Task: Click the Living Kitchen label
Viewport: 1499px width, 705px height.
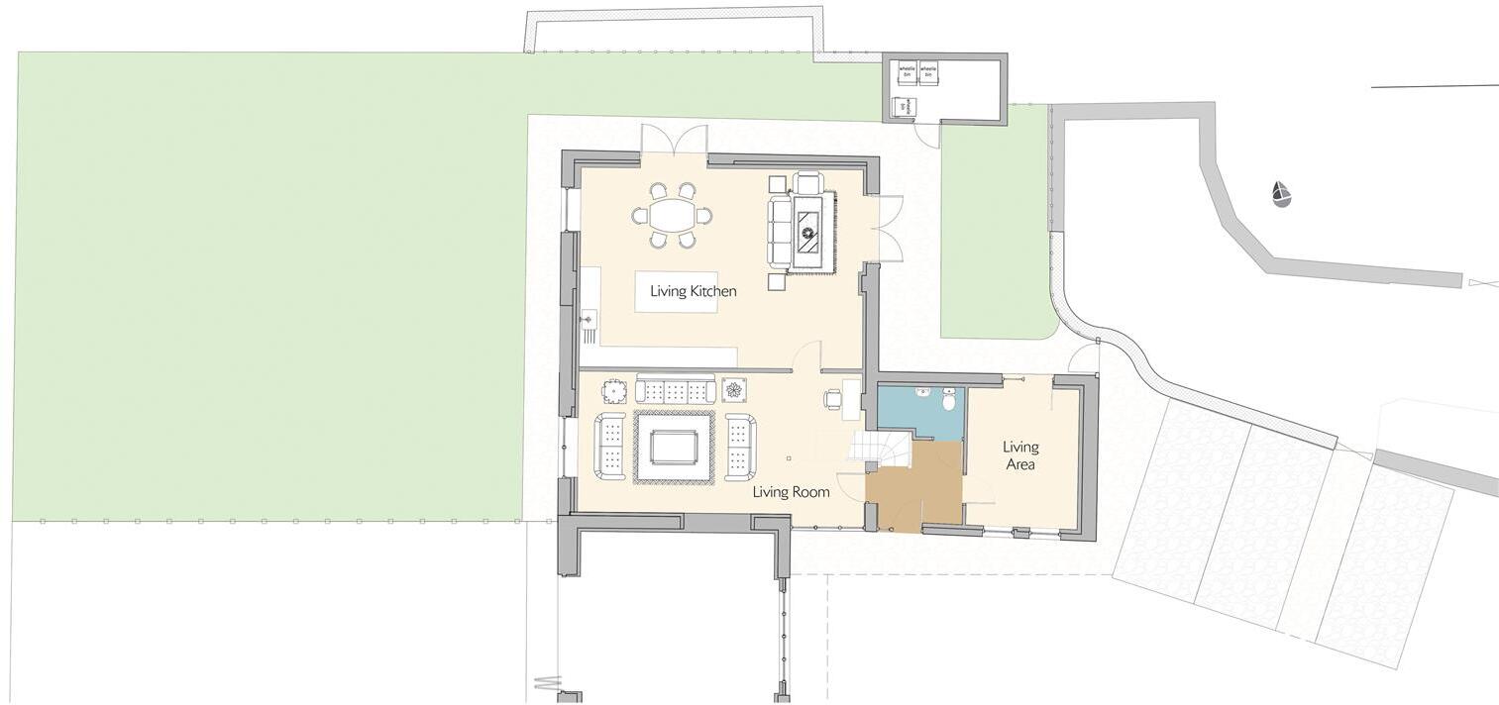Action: click(x=693, y=291)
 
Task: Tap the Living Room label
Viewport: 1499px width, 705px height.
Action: click(x=791, y=491)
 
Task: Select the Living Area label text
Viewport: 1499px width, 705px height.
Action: click(x=1019, y=454)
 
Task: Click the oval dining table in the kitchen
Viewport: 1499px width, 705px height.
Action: click(x=671, y=214)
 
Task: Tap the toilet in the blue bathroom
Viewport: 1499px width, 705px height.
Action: click(x=949, y=400)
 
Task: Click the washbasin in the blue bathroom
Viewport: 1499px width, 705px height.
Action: click(x=923, y=391)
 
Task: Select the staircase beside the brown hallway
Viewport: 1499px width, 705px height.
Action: click(x=879, y=447)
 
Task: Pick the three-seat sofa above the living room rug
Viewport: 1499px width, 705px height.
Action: click(x=675, y=389)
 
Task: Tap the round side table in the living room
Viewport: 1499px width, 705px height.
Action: click(x=616, y=391)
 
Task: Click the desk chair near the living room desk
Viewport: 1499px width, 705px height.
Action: click(x=831, y=399)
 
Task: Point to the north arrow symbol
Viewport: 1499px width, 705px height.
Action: click(x=1281, y=194)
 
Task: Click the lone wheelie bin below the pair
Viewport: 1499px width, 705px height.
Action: click(x=904, y=107)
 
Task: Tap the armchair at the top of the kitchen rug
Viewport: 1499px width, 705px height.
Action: click(x=808, y=183)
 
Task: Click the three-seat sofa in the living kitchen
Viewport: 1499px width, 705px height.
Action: click(x=780, y=232)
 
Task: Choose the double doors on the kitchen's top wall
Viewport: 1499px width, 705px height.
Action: click(x=674, y=141)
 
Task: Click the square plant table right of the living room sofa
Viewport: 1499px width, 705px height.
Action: click(x=734, y=389)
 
